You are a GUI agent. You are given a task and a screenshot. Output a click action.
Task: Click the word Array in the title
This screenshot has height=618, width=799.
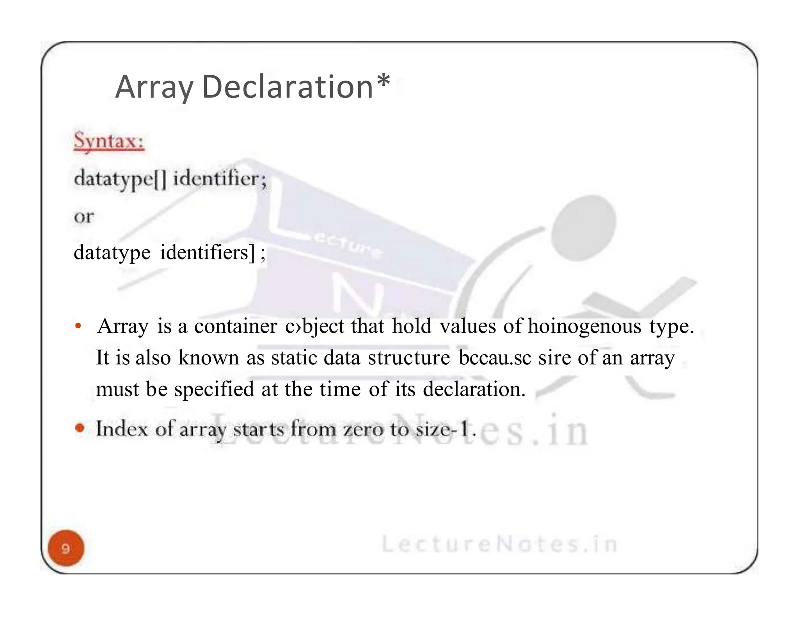coord(154,87)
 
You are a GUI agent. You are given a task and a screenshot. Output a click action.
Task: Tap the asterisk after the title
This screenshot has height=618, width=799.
coord(384,81)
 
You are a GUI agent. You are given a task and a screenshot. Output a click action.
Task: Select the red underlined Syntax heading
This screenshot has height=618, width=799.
coord(109,141)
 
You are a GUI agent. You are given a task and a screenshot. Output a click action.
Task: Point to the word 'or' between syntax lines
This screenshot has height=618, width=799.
coord(84,216)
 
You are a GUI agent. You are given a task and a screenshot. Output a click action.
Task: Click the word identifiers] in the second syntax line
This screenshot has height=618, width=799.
coord(208,252)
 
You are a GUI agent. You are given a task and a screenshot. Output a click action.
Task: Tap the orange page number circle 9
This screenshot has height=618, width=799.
coord(66,548)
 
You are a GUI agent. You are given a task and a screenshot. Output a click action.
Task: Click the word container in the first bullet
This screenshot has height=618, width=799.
coord(236,326)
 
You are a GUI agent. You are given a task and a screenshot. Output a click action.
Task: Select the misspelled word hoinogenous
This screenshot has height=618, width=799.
coord(584,326)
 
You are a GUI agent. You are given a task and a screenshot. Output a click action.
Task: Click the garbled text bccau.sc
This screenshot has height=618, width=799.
coord(495,358)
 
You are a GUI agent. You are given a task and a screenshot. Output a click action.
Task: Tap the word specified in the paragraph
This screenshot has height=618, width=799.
coord(214,389)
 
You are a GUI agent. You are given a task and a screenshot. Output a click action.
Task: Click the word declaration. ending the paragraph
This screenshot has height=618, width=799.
coord(474,389)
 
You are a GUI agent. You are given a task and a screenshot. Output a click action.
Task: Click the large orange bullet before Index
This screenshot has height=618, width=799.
coord(80,428)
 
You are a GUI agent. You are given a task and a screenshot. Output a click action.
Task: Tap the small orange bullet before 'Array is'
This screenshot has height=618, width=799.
coord(78,326)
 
